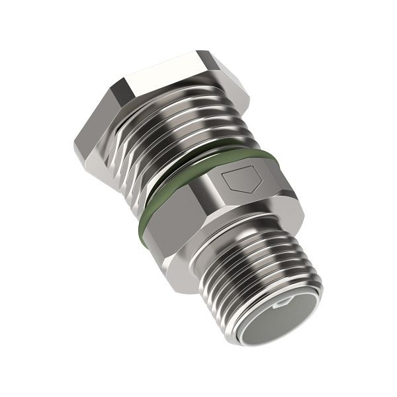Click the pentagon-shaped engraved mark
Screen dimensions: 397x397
tap(241, 179)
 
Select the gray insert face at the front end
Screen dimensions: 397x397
tap(275, 320)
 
